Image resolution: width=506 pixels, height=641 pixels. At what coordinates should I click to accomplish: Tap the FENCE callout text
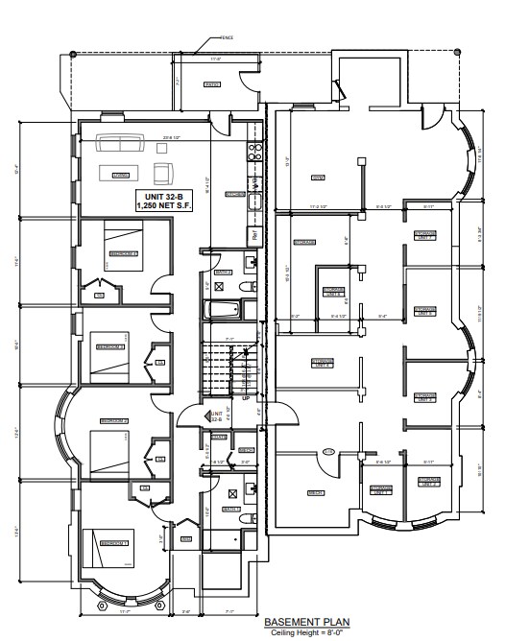[227, 37]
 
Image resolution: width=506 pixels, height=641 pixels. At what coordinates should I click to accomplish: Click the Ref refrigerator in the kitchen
[254, 233]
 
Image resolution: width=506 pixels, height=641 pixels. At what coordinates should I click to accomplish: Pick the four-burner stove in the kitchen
[254, 151]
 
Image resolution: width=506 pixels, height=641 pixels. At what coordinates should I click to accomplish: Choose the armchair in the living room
[164, 174]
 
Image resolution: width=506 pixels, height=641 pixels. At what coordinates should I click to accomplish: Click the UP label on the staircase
[246, 396]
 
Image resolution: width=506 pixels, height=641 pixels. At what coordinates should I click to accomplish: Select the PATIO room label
[210, 83]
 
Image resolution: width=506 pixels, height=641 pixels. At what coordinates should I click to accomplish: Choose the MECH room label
[314, 493]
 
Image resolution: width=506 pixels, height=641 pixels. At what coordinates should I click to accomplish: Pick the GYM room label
[316, 178]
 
